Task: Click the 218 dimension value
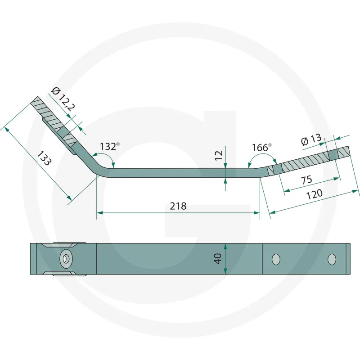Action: point(178,206)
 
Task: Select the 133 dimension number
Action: point(44,158)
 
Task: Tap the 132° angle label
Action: point(110,147)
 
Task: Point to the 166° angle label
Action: point(262,148)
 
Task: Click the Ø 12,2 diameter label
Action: point(63,99)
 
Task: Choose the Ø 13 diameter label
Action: point(311,139)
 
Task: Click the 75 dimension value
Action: point(307,180)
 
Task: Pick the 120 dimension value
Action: point(314,194)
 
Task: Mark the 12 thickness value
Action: point(219,155)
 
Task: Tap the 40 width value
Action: point(217,259)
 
